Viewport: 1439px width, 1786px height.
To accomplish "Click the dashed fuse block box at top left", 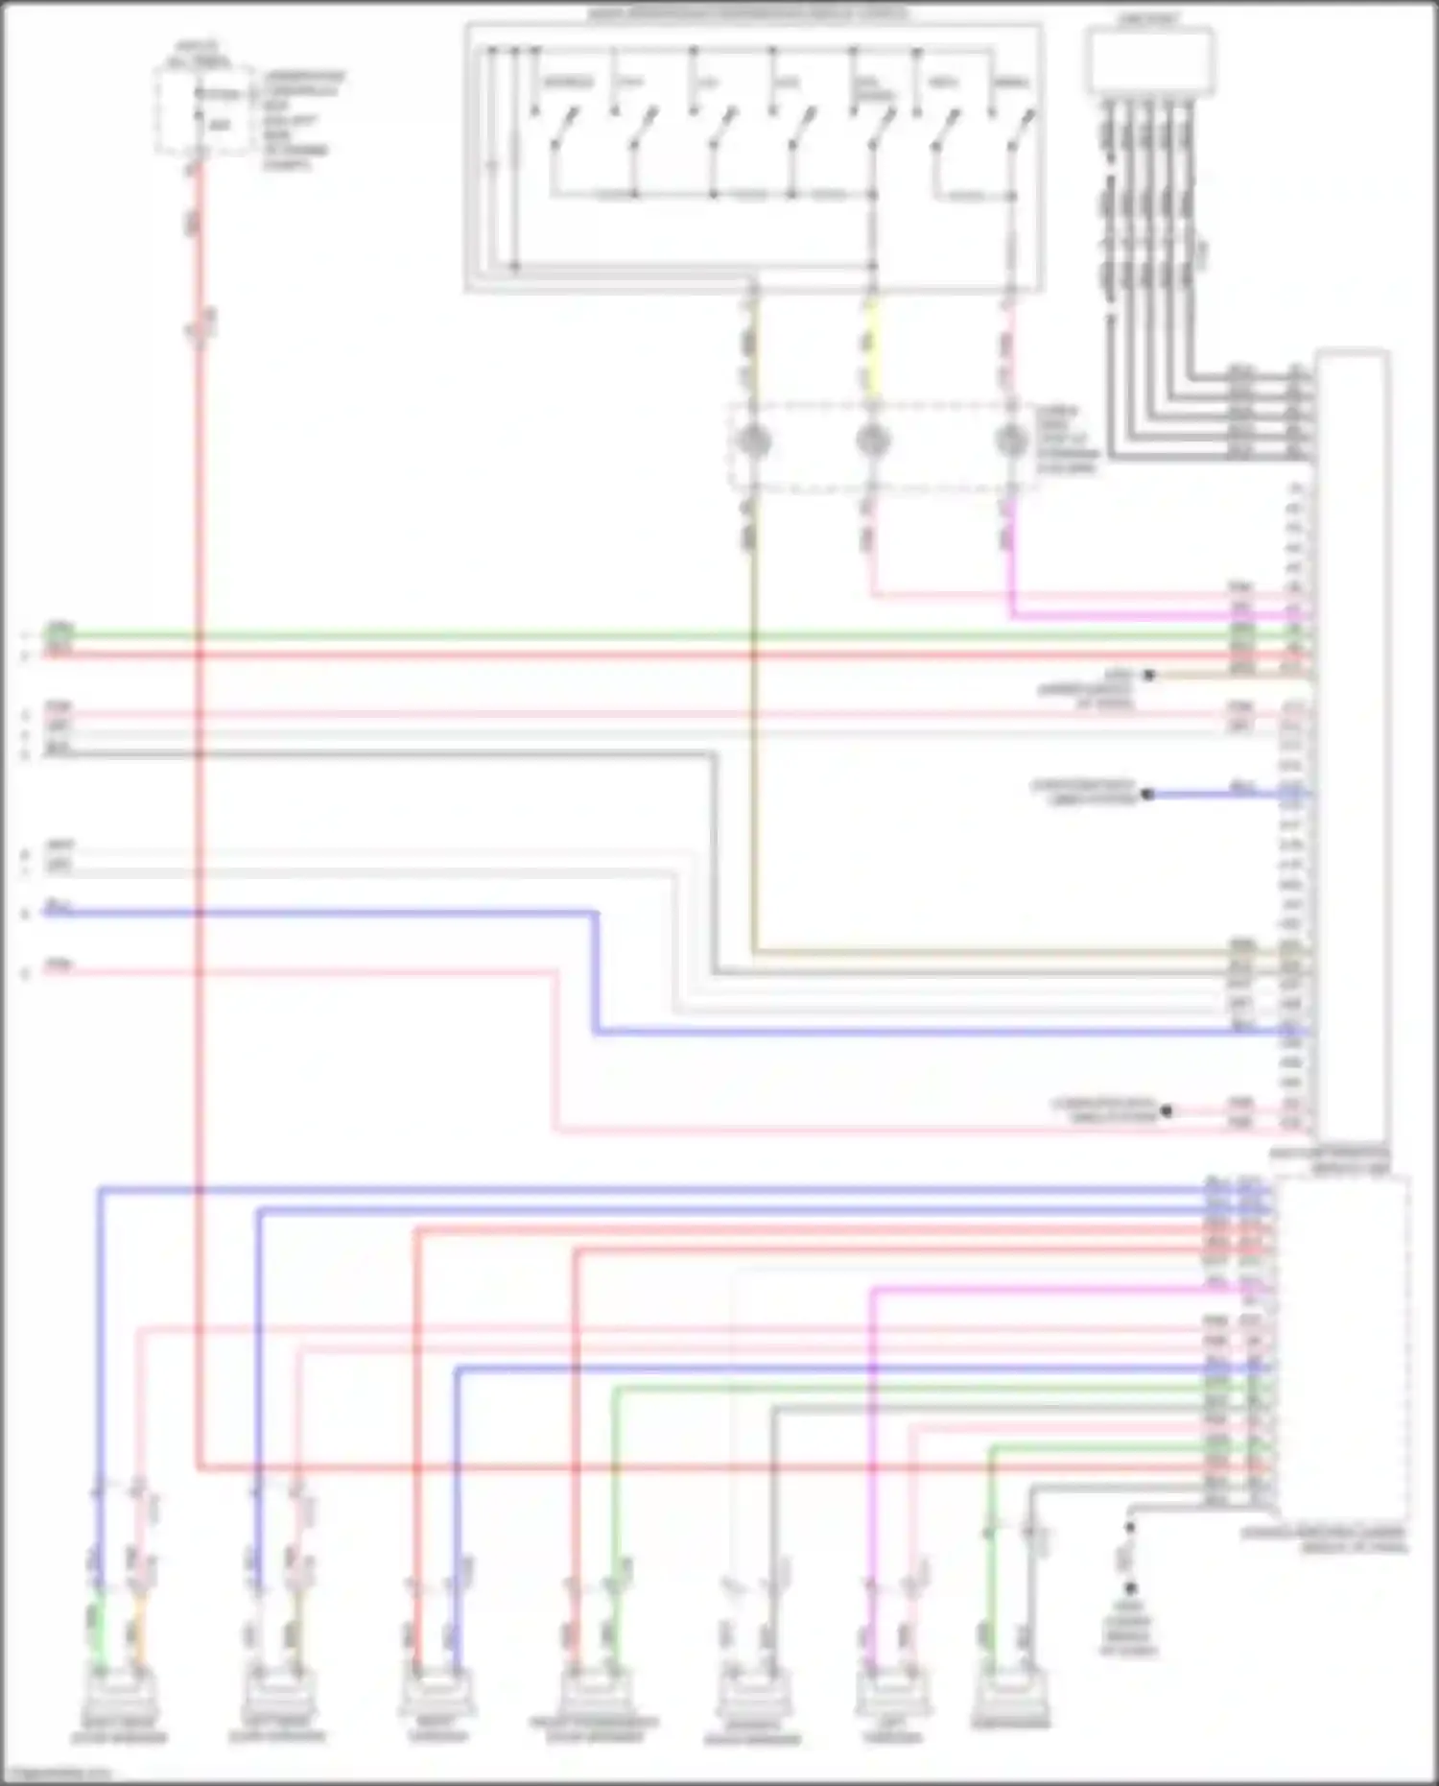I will pos(203,110).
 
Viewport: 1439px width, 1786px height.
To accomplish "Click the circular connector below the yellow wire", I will pos(872,441).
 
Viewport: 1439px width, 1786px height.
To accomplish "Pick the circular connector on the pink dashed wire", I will pos(1009,441).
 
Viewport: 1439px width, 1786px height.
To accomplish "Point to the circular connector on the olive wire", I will pos(752,441).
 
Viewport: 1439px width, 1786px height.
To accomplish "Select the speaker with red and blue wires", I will pos(437,1693).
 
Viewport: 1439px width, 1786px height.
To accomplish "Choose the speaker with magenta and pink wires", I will pos(892,1693).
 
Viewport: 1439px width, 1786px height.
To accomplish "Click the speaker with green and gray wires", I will pos(1010,1693).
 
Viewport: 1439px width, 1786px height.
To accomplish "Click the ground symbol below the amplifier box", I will pos(1130,1588).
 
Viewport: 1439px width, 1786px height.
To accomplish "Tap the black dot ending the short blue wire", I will pos(1147,795).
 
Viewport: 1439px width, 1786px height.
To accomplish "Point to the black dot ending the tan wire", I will pos(1148,676).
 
